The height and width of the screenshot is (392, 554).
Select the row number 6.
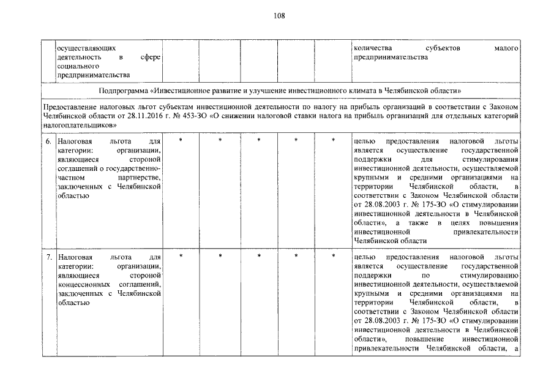(49, 141)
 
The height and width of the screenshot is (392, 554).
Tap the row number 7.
(49, 258)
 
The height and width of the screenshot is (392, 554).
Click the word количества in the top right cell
(373, 48)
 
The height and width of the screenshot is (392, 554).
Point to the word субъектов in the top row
(442, 48)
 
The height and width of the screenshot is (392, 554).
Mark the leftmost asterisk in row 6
(181, 141)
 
